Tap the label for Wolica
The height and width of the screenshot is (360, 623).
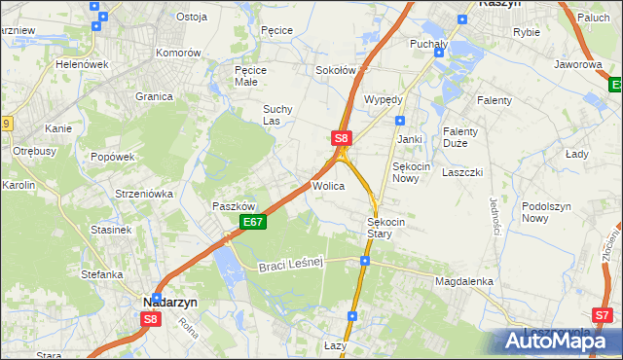point(328,185)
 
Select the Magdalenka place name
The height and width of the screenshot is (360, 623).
point(464,281)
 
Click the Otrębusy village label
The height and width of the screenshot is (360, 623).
point(33,151)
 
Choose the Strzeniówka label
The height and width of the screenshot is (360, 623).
point(143,194)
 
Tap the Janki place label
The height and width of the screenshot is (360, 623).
point(409,139)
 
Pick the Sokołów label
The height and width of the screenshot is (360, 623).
point(336,71)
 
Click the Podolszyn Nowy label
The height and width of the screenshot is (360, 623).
point(548,212)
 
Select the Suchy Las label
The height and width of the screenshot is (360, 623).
point(279,115)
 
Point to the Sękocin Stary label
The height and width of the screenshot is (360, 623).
point(392,228)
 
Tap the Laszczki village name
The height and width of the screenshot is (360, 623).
point(462,171)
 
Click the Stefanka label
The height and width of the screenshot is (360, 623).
point(101,274)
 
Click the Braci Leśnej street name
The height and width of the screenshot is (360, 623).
point(289,266)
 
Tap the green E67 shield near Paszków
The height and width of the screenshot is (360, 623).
point(252,223)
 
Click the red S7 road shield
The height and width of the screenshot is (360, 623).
point(604,314)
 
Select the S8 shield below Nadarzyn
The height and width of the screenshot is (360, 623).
point(150,319)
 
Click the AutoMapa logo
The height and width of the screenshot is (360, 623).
point(559,340)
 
